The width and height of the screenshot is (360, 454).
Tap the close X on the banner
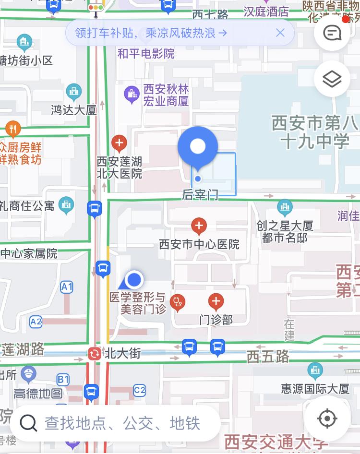pyautogui.click(x=280, y=33)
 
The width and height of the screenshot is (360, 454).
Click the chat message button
pyautogui.click(x=332, y=33)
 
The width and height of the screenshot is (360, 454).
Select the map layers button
pyautogui.click(x=332, y=79)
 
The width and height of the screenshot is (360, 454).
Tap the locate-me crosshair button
pyautogui.click(x=327, y=419)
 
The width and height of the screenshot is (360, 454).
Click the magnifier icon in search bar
pyautogui.click(x=28, y=423)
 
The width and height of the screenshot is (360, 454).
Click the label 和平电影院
pyautogui.click(x=146, y=53)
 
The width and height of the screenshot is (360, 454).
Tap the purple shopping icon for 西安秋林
pyautogui.click(x=131, y=94)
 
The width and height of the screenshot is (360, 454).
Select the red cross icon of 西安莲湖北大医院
pyautogui.click(x=119, y=143)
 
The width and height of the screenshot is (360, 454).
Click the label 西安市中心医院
pyautogui.click(x=199, y=245)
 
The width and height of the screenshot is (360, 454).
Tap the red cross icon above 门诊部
pyautogui.click(x=216, y=301)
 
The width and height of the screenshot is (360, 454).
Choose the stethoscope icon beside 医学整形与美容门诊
pyautogui.click(x=178, y=302)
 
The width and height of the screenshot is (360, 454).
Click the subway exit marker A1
pyautogui.click(x=66, y=287)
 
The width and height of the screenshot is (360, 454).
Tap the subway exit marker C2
pyautogui.click(x=139, y=390)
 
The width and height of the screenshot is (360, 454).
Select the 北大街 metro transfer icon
pyautogui.click(x=94, y=354)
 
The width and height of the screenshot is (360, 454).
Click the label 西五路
pyautogui.click(x=268, y=356)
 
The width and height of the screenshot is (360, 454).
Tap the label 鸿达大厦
pyautogui.click(x=74, y=110)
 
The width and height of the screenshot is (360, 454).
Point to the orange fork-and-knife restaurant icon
pyautogui.click(x=13, y=129)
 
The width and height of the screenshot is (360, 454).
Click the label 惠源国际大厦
pyautogui.click(x=315, y=389)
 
